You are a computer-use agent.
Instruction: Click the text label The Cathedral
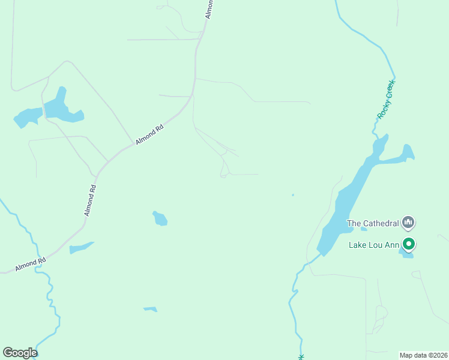[373, 224]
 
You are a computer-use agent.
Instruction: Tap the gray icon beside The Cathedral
[409, 223]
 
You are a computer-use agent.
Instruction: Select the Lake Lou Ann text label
[374, 245]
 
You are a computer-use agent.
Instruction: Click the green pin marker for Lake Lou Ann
[409, 244]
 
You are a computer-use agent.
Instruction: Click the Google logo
[20, 353]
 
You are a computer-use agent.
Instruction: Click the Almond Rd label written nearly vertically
[90, 200]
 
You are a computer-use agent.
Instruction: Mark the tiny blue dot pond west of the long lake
[293, 194]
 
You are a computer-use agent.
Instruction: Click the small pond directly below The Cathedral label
[364, 229]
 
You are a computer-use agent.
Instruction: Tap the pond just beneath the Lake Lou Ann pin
[408, 255]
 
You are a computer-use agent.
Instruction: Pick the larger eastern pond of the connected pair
[60, 107]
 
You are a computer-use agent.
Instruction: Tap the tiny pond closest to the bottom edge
[151, 309]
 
